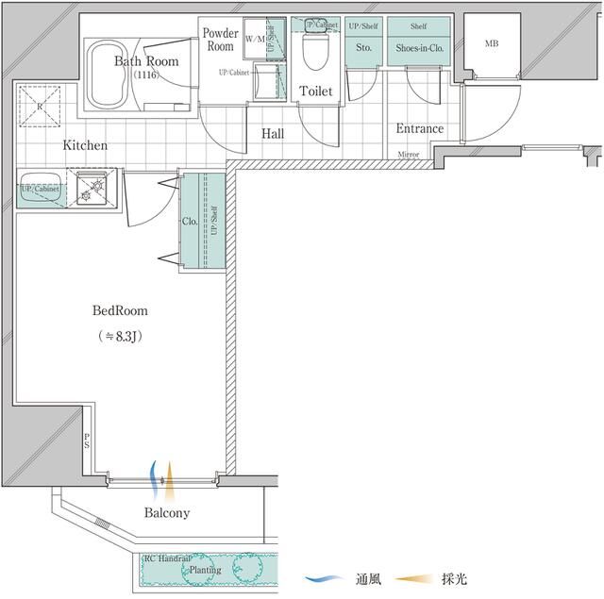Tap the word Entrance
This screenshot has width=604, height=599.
point(419,129)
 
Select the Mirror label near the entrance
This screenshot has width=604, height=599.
point(409,154)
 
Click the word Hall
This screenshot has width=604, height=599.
point(273,134)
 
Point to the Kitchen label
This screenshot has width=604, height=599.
point(85,146)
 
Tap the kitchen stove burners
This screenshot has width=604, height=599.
point(94,190)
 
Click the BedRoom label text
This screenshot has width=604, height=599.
point(120,310)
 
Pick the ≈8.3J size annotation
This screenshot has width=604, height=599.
point(120,336)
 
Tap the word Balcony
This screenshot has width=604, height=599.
point(167,513)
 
